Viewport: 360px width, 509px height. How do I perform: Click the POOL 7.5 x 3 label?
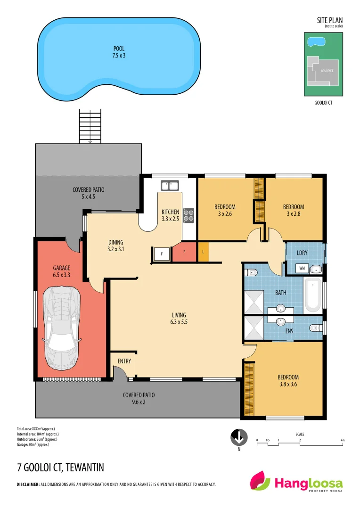(119, 52)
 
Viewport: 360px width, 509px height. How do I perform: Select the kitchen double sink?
(170, 185)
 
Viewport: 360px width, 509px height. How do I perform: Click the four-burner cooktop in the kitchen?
(188, 215)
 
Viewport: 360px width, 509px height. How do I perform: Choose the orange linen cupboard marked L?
(203, 252)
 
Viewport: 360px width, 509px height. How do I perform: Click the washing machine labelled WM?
(302, 269)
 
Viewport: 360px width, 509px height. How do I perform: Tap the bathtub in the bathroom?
(312, 296)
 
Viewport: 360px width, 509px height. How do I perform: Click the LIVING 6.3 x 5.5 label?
(179, 319)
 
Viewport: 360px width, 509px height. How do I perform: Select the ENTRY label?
(124, 361)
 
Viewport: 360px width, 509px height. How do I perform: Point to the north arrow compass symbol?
(239, 437)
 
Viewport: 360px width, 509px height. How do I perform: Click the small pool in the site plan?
(316, 42)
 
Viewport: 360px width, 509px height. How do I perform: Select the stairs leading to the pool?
(90, 125)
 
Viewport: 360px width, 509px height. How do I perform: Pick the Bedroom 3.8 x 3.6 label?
(288, 380)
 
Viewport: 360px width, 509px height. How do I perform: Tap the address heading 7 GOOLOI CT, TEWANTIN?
(60, 468)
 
